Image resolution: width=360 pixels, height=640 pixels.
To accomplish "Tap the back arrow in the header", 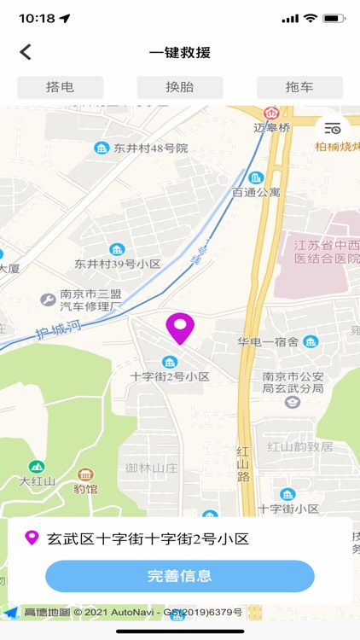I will pos(26,52).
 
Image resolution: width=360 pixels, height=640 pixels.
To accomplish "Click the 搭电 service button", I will pos(60,87).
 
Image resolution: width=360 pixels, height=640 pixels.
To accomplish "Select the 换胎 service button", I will pos(180,87).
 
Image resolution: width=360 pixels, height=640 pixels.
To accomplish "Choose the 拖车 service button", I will pos(299,87).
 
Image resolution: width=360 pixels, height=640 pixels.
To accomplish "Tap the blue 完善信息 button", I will pos(180,576).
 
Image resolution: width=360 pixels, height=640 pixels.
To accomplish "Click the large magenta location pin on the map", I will pos(180,328).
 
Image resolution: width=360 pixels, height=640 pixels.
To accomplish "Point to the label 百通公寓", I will pos(256,193).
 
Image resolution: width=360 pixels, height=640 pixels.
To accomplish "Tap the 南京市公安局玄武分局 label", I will pos(293,382).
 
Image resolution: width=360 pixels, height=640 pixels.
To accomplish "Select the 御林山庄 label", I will pos(153,468).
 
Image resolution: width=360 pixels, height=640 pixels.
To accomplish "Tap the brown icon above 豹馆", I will pos(84,474).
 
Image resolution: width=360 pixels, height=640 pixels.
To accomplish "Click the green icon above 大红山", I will pos(37,467).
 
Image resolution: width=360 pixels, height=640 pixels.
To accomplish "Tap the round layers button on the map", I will pos(332,128).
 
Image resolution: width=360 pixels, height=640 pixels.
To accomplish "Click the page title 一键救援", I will pos(180,52).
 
